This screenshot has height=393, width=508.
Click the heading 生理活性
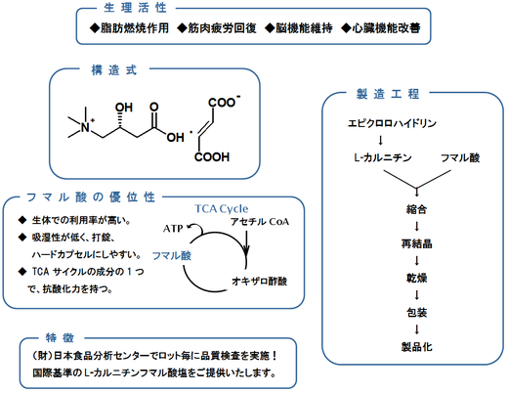coord(135,8)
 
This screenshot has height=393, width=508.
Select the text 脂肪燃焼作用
coord(135,28)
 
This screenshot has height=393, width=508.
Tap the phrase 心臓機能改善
coord(386,28)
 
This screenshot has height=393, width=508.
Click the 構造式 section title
coord(114,70)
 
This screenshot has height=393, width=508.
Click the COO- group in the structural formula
coord(224,102)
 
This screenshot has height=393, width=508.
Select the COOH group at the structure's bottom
coord(212,157)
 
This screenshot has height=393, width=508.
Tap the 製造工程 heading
coord(388,94)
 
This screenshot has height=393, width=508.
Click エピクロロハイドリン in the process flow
coord(392,123)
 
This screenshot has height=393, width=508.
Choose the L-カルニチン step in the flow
coord(383,157)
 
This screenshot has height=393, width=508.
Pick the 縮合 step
coord(416,209)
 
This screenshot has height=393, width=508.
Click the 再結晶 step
coord(416,243)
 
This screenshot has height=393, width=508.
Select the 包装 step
coord(416,313)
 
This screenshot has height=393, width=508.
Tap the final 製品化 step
coord(416,347)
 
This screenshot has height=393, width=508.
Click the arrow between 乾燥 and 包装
coord(416,295)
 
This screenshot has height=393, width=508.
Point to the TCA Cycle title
coord(222,208)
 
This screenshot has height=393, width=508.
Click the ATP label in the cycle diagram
coord(173,229)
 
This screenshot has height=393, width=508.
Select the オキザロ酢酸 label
coord(260,282)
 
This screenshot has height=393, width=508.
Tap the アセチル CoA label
coord(260,222)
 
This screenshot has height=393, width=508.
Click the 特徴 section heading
coord(61,338)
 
